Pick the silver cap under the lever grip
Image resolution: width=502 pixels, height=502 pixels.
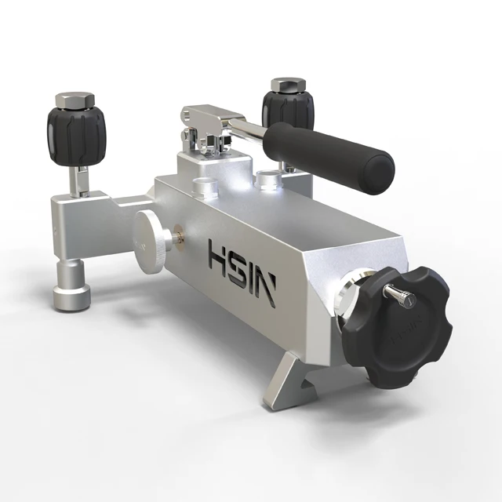click(269, 181)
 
